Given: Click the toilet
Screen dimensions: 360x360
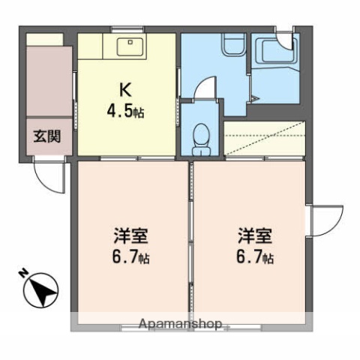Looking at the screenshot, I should click(201, 137).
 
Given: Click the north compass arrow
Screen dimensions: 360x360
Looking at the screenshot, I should click(40, 289).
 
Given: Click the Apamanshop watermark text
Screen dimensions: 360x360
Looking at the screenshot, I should click(180, 325).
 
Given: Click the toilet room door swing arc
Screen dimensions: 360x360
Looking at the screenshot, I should click(205, 91).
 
